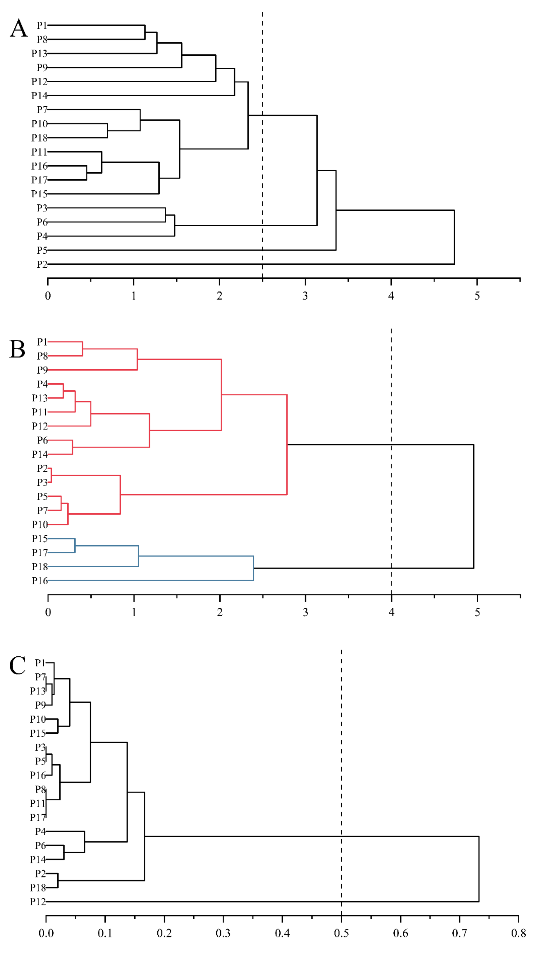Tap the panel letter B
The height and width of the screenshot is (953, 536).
point(17,349)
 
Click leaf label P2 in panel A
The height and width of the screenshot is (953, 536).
point(42,264)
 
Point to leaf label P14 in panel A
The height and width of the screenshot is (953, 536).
point(39,95)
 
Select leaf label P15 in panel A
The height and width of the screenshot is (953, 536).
point(39,194)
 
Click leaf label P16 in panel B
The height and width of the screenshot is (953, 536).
point(39,581)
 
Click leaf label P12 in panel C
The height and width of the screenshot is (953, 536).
point(38,902)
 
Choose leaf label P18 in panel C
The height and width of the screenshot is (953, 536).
point(38,887)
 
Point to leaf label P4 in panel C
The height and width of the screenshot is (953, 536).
point(40,831)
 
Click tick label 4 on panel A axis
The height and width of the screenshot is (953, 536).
point(391,296)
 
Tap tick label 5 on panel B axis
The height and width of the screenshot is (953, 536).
point(477,612)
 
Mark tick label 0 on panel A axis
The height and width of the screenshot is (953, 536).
point(48,296)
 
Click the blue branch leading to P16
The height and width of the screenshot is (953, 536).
point(148,581)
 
